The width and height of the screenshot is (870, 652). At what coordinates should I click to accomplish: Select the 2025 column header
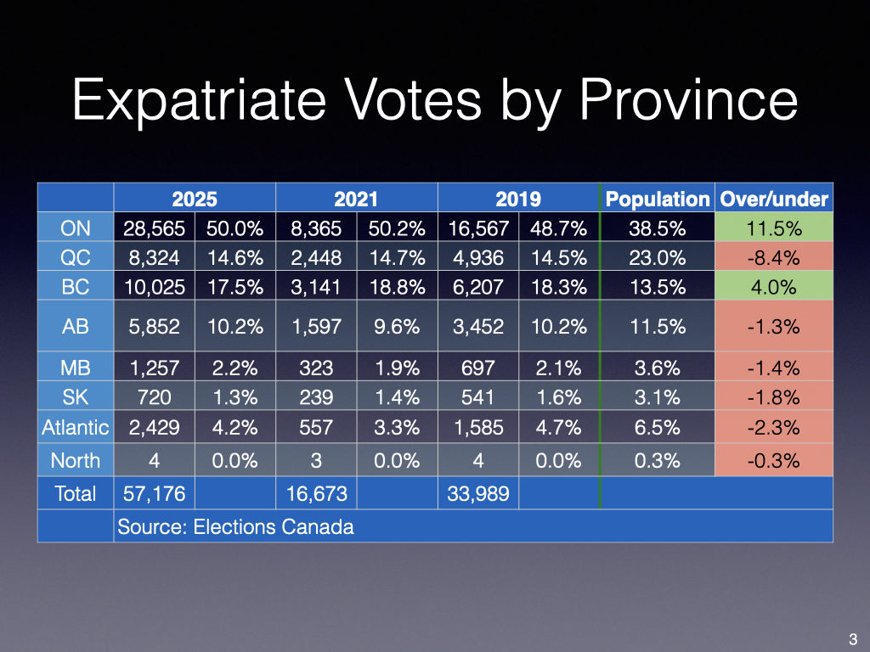[195, 199]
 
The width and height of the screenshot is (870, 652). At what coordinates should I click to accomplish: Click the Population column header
[657, 199]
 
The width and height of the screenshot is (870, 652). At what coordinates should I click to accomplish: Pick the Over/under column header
[773, 199]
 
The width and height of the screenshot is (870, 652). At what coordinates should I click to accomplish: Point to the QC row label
[76, 257]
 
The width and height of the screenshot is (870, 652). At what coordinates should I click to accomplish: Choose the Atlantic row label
[76, 427]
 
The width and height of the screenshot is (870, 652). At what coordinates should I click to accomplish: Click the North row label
[76, 460]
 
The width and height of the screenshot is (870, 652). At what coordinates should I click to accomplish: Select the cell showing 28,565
[154, 228]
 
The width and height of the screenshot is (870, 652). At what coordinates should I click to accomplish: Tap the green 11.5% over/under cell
[773, 228]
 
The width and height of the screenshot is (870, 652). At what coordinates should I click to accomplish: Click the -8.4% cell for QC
[773, 257]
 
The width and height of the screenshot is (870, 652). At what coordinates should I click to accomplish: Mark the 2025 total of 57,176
[154, 493]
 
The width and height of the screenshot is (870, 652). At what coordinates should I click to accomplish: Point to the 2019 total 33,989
[477, 493]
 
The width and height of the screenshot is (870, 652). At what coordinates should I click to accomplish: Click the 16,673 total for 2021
[316, 493]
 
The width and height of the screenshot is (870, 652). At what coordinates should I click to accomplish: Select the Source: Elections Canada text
[235, 526]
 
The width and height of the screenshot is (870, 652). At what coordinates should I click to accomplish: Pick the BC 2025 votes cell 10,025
[154, 287]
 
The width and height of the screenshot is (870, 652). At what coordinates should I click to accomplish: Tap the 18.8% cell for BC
[397, 287]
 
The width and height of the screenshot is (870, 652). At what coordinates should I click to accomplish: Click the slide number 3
[852, 639]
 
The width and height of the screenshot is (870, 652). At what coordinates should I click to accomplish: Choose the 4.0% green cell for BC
[773, 287]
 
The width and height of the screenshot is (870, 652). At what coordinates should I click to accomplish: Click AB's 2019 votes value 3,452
[477, 325]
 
